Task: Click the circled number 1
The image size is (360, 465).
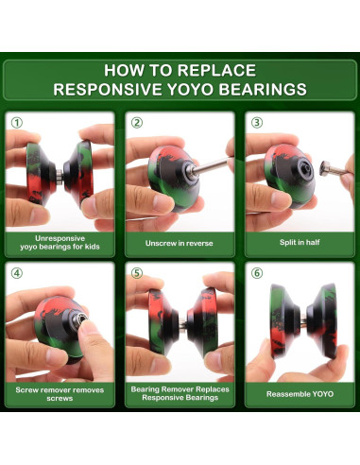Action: tap(17, 123)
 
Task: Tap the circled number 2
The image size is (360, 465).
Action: tap(137, 123)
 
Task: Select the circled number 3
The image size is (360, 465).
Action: tap(257, 123)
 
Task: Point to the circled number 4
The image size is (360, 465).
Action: tap(17, 273)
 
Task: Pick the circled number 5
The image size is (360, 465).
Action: tap(137, 273)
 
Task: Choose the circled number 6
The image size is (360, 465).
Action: tap(257, 273)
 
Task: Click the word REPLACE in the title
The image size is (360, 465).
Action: tap(216, 70)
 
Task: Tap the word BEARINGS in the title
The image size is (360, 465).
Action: tap(263, 89)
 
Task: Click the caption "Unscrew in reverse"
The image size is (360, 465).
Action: tap(180, 243)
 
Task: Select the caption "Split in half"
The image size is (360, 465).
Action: tap(300, 242)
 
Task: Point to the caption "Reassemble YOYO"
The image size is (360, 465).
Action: tap(300, 394)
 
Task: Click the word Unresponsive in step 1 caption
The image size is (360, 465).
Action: tap(60, 238)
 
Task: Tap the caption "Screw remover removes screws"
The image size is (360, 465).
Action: tap(60, 394)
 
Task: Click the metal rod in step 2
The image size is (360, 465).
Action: tap(210, 165)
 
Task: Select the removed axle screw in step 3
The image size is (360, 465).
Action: tap(334, 169)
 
